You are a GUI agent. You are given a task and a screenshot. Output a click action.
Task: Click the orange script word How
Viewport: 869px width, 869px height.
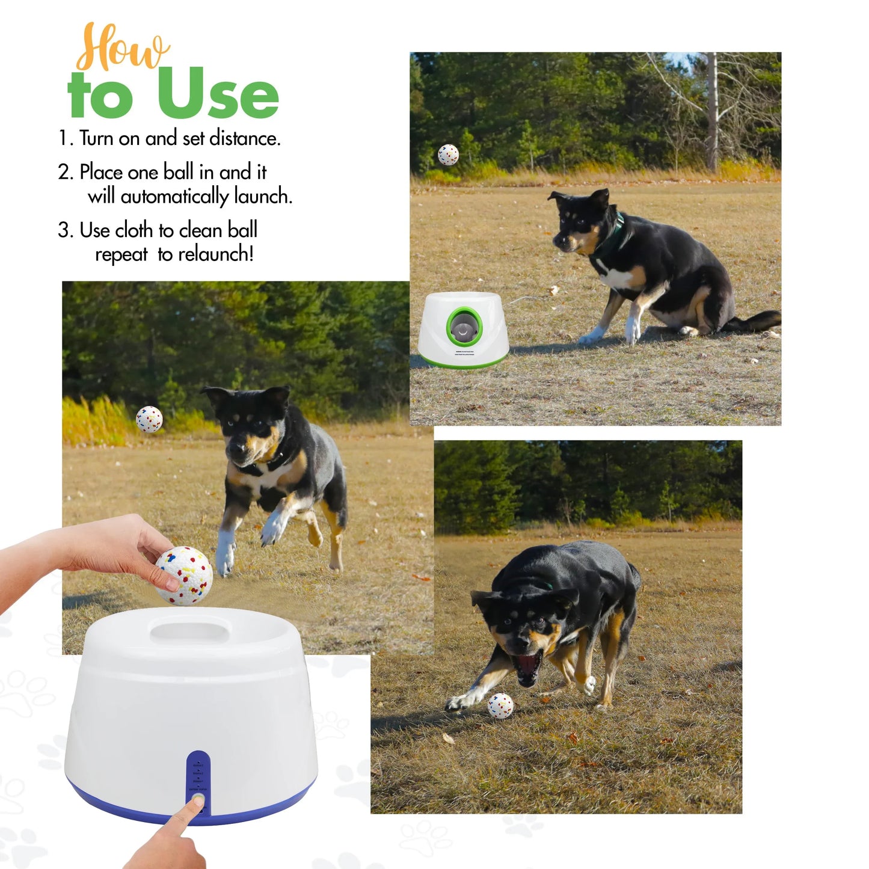click(x=123, y=48)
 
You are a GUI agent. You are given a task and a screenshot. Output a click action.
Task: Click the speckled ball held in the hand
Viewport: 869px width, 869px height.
click(x=184, y=575)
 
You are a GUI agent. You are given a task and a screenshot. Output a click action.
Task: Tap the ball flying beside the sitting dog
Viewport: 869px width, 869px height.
click(x=448, y=155)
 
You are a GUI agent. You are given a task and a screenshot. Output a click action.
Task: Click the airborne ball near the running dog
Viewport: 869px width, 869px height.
click(x=149, y=419)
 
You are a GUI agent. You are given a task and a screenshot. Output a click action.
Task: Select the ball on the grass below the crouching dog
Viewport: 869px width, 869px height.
click(x=500, y=705)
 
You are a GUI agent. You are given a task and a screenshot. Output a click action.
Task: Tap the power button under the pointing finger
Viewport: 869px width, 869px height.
click(x=197, y=800)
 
